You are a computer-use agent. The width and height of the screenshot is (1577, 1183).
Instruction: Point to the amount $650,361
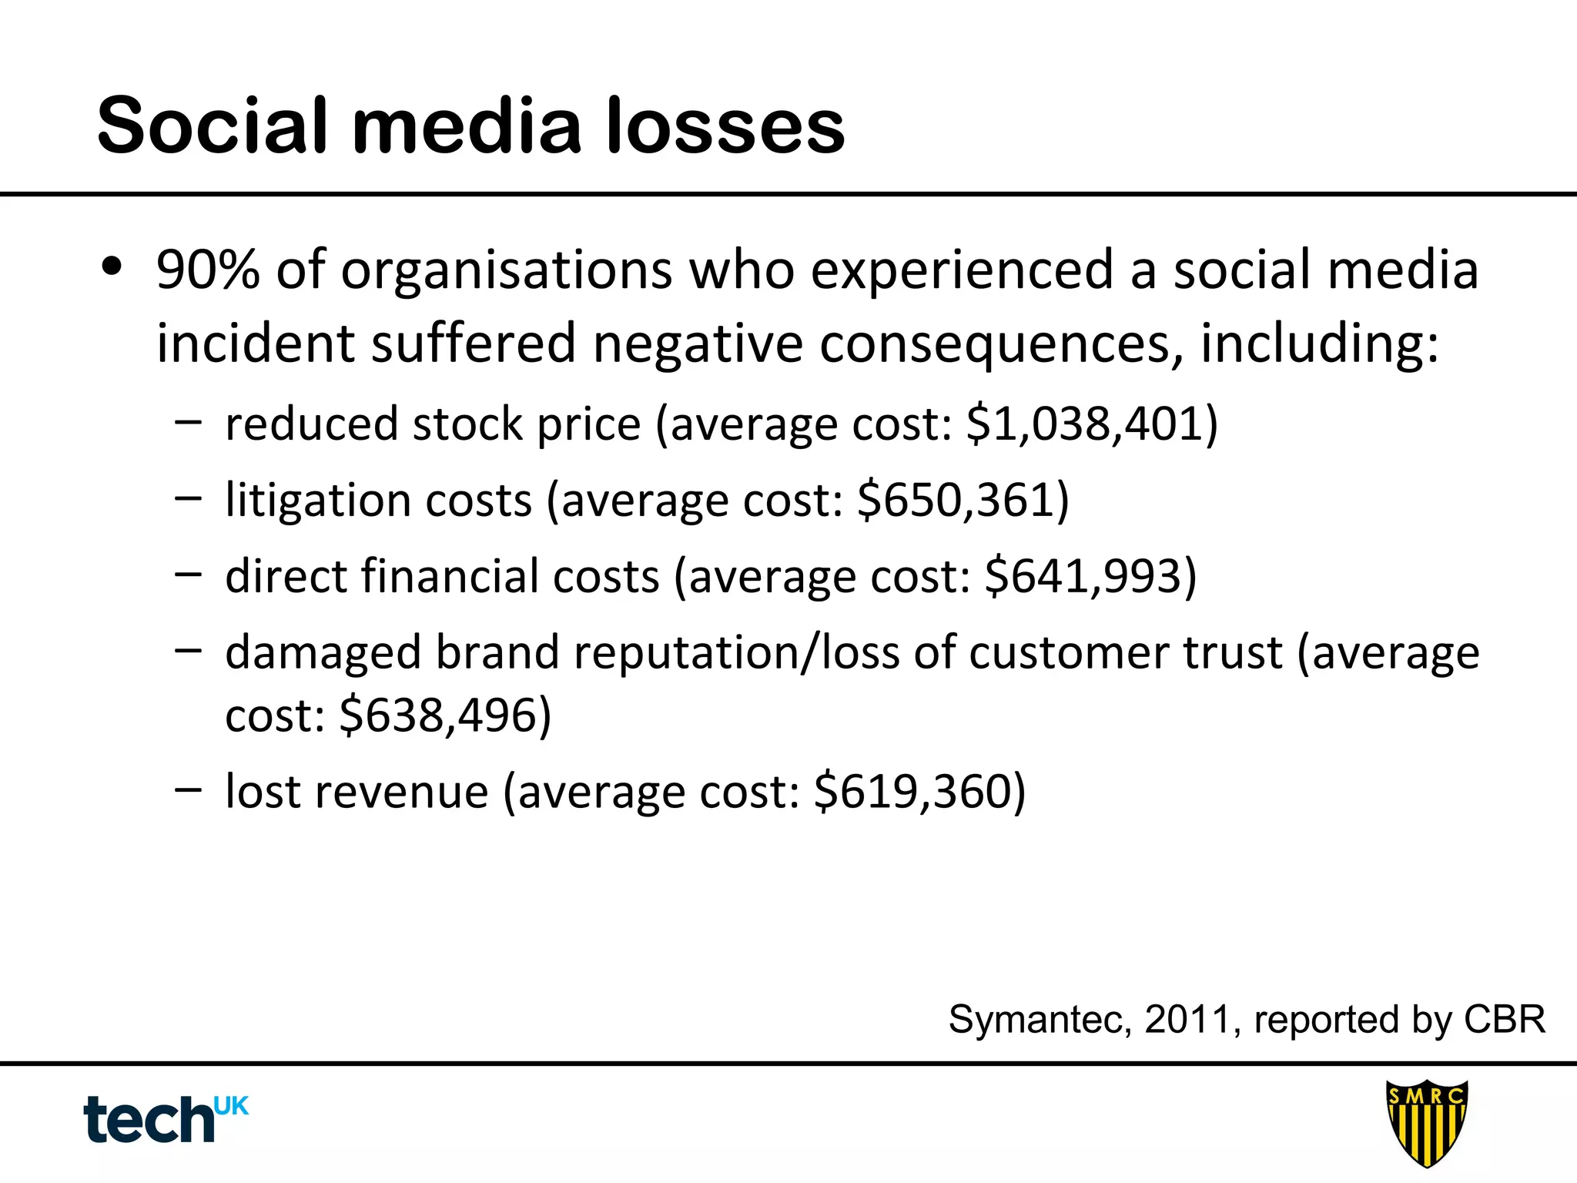(x=963, y=501)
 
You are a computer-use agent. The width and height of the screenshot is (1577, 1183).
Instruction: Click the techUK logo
(x=166, y=1118)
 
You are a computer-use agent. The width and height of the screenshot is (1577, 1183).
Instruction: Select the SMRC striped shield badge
(x=1426, y=1122)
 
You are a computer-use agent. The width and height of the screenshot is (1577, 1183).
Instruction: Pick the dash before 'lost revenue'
(x=188, y=789)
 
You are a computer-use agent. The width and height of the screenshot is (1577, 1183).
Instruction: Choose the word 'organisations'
(x=507, y=270)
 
